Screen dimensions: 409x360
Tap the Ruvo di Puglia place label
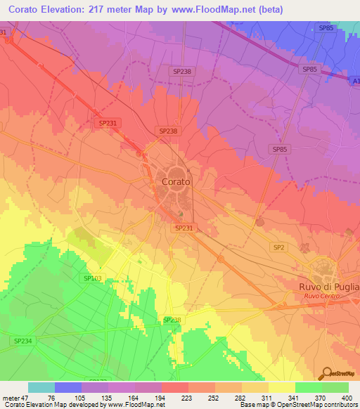point(328,287)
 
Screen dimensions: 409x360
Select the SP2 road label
point(278,247)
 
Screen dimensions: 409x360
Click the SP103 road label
point(93,279)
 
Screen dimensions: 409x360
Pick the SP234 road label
point(22,340)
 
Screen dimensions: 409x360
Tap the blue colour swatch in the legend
point(68,387)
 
